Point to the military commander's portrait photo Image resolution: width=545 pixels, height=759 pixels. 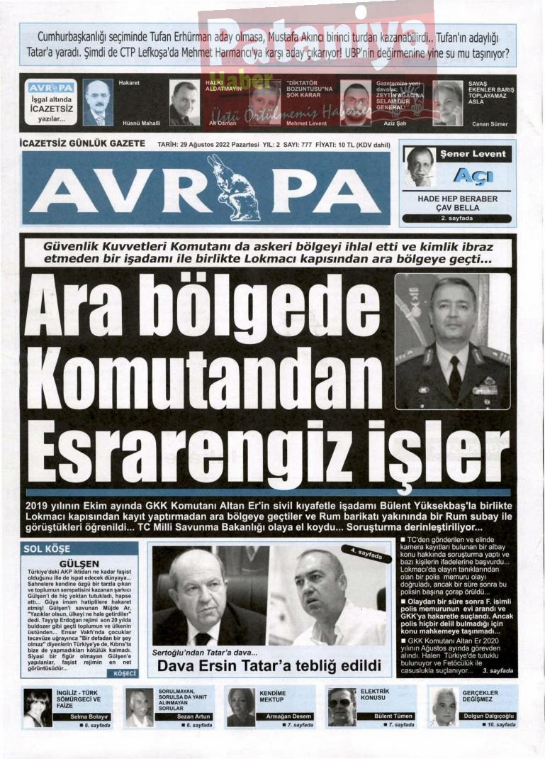point(451,340)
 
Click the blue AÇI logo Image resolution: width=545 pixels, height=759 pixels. point(473,175)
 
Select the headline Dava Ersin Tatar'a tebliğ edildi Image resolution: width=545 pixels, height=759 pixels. point(269,667)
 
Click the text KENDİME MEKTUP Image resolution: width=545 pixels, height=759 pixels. point(273,696)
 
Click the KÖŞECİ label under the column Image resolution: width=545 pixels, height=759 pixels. point(123,672)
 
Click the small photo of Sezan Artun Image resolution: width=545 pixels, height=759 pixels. point(140,707)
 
